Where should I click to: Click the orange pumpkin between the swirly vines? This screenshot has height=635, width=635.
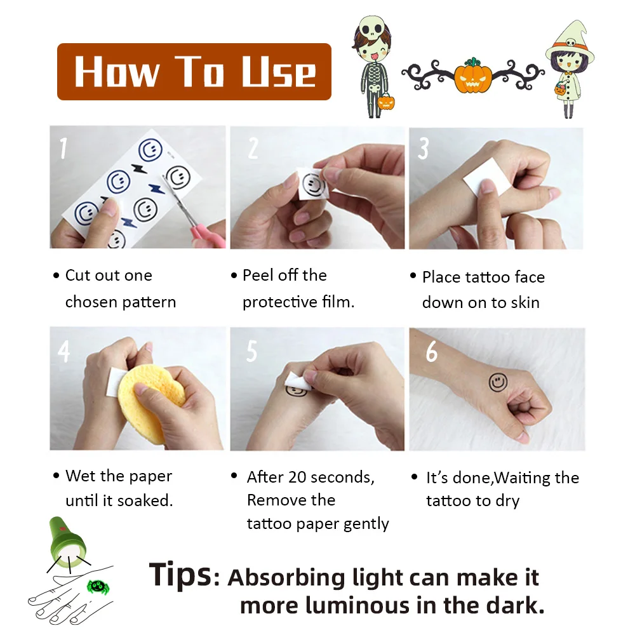(472, 76)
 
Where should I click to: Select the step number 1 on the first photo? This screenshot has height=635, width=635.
(63, 148)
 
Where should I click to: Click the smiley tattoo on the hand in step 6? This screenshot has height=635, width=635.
(498, 382)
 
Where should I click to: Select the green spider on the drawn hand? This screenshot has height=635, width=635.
(98, 586)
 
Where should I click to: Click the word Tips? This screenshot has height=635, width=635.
(180, 574)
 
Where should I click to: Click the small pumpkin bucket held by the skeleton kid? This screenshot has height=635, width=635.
(385, 102)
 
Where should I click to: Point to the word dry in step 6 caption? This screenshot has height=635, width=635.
(507, 502)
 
